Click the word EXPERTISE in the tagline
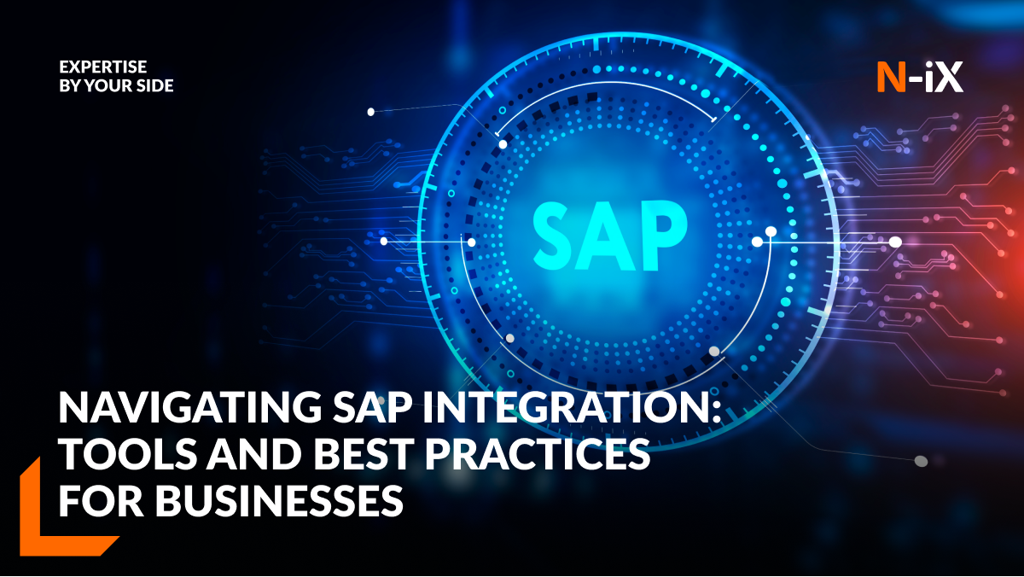pyautogui.click(x=103, y=67)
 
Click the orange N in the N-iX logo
pyautogui.click(x=892, y=77)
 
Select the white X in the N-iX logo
pyautogui.click(x=948, y=77)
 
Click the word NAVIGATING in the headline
pyautogui.click(x=190, y=408)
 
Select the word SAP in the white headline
pyautogui.click(x=370, y=408)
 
